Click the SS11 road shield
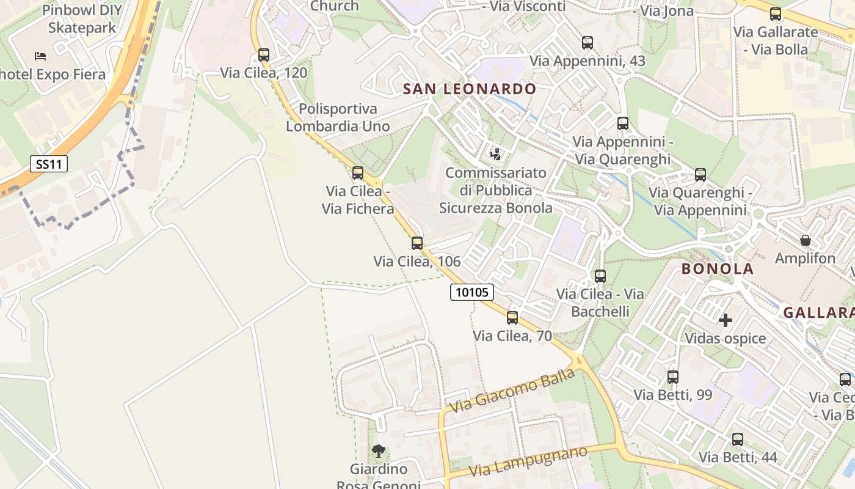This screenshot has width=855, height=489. (49, 164)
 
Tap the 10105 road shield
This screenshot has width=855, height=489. (472, 292)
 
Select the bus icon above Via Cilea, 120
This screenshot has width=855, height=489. (264, 55)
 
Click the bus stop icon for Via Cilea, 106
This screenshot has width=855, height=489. (417, 243)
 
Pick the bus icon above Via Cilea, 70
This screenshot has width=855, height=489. (512, 318)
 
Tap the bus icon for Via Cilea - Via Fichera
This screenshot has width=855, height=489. (358, 173)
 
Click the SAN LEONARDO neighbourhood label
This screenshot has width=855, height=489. (469, 89)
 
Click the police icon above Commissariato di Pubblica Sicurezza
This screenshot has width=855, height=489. (496, 154)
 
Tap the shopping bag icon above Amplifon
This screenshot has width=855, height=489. (806, 240)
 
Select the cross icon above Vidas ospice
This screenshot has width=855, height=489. (726, 320)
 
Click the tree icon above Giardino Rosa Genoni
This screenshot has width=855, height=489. (379, 452)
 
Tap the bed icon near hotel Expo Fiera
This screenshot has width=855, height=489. (40, 56)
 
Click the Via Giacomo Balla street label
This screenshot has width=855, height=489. (512, 390)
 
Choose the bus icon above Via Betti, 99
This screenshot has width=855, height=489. (673, 377)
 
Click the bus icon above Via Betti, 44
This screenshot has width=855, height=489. (738, 439)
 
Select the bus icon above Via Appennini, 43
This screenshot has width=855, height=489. (588, 43)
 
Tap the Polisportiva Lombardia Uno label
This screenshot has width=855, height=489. (338, 117)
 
